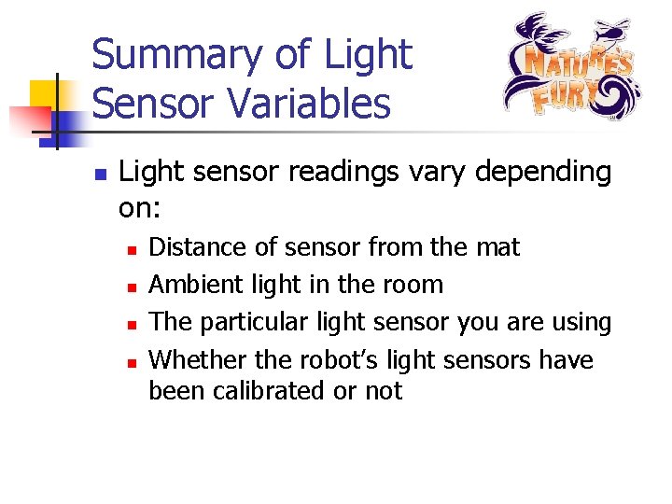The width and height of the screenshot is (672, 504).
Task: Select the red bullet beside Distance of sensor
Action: [132, 250]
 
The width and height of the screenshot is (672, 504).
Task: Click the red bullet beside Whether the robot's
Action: [132, 362]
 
